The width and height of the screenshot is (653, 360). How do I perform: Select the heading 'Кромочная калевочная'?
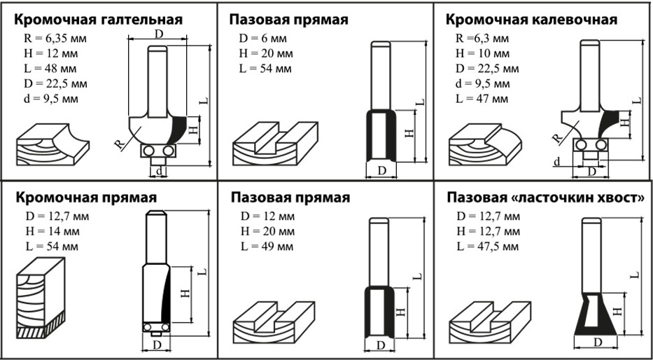531,20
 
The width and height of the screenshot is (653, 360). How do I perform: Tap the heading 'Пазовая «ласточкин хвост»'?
545,198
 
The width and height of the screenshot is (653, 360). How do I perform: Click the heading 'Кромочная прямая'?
86,198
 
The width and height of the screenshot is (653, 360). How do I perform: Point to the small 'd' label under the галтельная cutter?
160,170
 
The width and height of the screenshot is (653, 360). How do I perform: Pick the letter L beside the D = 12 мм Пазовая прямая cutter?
417,277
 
